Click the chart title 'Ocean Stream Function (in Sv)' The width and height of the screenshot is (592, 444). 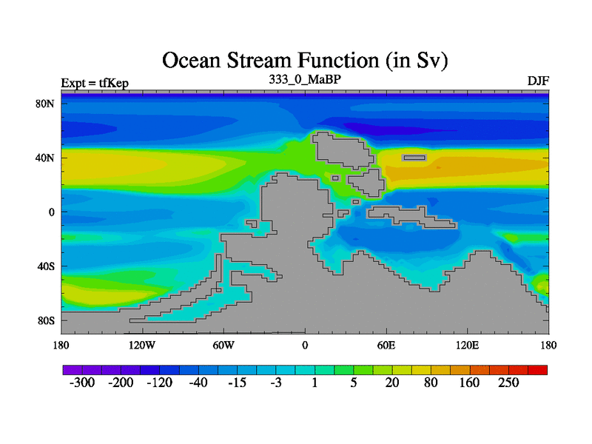click(305, 61)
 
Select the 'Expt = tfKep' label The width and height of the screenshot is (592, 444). click(95, 83)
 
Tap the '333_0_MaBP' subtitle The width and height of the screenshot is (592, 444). click(305, 79)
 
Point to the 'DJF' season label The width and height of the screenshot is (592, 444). click(538, 81)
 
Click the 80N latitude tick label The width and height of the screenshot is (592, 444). click(45, 104)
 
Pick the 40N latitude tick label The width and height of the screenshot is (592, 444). click(45, 158)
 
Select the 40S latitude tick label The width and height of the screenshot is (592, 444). click(46, 266)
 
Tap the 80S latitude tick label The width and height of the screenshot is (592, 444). click(46, 321)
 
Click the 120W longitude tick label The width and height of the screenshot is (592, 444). click(142, 346)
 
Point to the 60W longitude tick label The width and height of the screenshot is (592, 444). click(223, 346)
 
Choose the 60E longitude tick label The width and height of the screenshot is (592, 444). click(386, 346)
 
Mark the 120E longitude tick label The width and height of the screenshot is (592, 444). click(468, 346)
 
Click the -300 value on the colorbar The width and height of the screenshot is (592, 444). click(82, 383)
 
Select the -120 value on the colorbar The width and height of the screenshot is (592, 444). click(159, 383)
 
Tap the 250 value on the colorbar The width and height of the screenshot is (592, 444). click(508, 383)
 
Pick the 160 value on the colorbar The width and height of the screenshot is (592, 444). click(469, 383)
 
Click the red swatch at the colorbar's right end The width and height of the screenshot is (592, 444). click(538, 370)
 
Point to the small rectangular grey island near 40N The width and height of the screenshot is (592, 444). click(414, 158)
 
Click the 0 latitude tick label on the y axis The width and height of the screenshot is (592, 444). click(51, 212)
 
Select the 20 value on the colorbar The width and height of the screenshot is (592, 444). click(392, 383)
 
